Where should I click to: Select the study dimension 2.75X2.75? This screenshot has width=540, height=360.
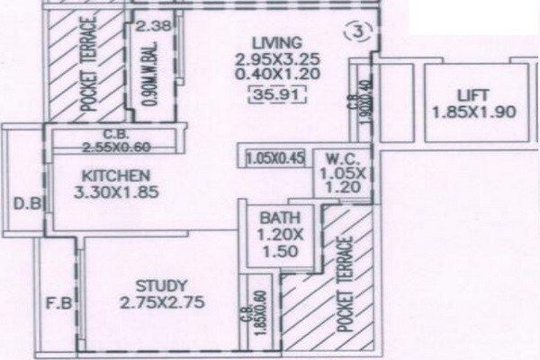click(x=150, y=303)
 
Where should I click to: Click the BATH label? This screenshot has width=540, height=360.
click(x=274, y=218)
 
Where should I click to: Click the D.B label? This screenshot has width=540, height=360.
click(x=24, y=203)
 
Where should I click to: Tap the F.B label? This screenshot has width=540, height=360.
click(x=57, y=303)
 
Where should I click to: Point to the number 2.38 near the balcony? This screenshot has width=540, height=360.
click(x=147, y=26)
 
